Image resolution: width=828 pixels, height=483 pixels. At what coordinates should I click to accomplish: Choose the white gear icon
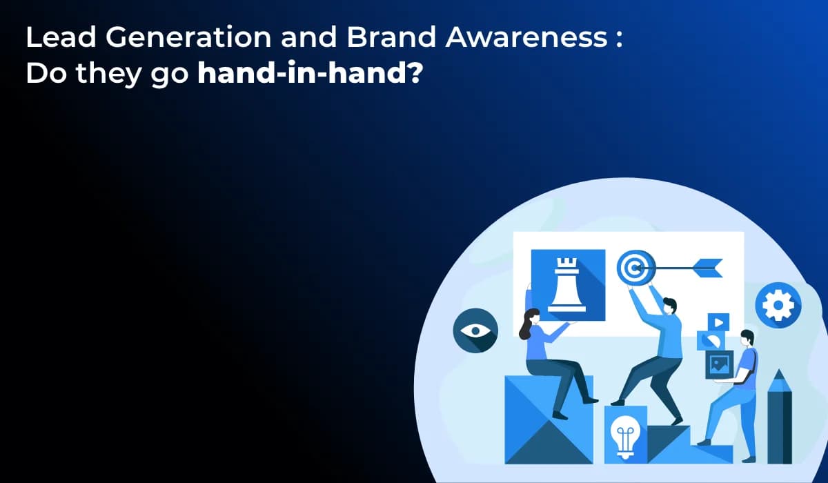click(778, 304)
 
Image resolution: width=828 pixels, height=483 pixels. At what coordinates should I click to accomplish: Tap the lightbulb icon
click(625, 435)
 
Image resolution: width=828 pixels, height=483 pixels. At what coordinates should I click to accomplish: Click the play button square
click(719, 322)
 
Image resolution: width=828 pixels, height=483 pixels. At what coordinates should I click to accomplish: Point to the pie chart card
click(707, 340)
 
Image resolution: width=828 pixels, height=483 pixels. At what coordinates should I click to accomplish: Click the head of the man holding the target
click(669, 306)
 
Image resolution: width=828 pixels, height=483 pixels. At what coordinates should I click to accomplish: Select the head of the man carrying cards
click(746, 339)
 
